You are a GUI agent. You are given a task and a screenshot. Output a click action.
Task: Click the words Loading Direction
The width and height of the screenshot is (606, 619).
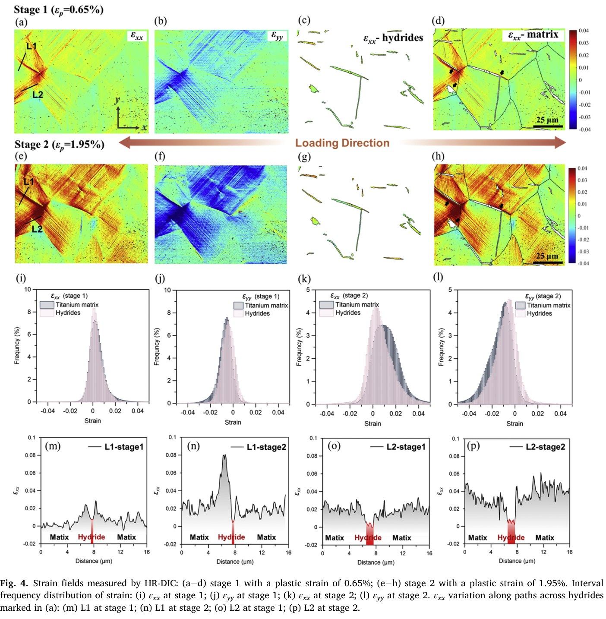pyautogui.click(x=342, y=143)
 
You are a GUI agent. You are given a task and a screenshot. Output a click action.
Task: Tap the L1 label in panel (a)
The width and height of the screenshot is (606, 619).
pyautogui.click(x=32, y=46)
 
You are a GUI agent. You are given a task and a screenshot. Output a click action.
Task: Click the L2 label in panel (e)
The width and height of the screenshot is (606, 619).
pyautogui.click(x=37, y=229)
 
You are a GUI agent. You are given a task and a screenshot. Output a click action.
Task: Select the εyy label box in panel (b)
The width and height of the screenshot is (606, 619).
pyautogui.click(x=277, y=36)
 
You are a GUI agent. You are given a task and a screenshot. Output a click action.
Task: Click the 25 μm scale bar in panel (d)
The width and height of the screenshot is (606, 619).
pyautogui.click(x=548, y=126)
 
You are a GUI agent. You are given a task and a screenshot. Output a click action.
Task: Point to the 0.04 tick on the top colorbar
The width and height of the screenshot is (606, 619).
pyautogui.click(x=584, y=31)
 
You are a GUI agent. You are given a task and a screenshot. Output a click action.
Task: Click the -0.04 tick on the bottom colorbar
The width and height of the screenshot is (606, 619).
pyautogui.click(x=583, y=263)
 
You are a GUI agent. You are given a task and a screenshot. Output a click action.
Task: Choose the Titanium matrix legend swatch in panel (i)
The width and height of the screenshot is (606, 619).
pyautogui.click(x=47, y=304)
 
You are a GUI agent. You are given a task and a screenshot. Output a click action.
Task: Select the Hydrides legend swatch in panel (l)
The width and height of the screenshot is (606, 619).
pyautogui.click(x=520, y=313)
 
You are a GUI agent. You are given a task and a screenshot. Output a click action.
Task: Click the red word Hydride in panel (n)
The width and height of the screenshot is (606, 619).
pyautogui.click(x=231, y=537)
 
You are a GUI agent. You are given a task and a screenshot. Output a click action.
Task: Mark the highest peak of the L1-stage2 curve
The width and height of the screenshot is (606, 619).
pyautogui.click(x=224, y=455)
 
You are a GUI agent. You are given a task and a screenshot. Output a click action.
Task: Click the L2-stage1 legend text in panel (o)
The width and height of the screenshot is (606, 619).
pyautogui.click(x=406, y=447)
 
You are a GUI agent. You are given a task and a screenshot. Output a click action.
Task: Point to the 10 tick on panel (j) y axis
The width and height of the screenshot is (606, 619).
pyautogui.click(x=167, y=290)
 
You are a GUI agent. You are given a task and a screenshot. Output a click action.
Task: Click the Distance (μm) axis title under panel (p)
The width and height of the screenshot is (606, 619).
pyautogui.click(x=517, y=561)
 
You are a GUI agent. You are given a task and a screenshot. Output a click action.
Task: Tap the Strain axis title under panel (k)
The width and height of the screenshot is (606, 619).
pyautogui.click(x=373, y=424)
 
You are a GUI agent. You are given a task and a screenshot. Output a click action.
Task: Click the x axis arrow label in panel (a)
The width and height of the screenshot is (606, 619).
pyautogui.click(x=144, y=127)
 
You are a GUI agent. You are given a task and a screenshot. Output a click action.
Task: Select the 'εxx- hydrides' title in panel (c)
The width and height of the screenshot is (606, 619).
pyautogui.click(x=393, y=38)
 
